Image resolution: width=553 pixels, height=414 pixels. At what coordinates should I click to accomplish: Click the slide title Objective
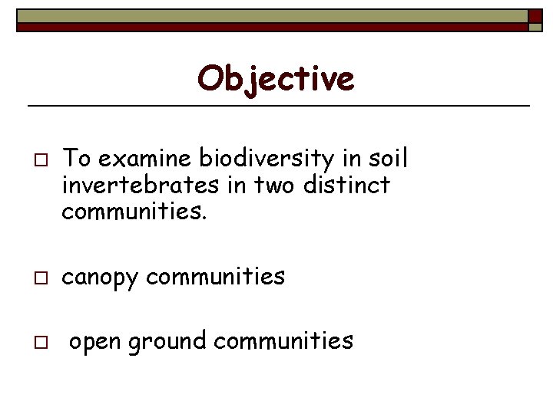(x=276, y=77)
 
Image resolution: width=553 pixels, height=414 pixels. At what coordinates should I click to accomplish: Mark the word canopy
(x=100, y=277)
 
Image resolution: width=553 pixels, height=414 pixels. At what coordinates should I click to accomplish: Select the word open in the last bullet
(x=96, y=341)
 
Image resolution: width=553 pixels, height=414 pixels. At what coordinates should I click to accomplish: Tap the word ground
(x=168, y=341)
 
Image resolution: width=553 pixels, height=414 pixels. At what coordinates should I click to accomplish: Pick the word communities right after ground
(x=283, y=340)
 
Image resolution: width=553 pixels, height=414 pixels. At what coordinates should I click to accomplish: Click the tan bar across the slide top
(x=269, y=16)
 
